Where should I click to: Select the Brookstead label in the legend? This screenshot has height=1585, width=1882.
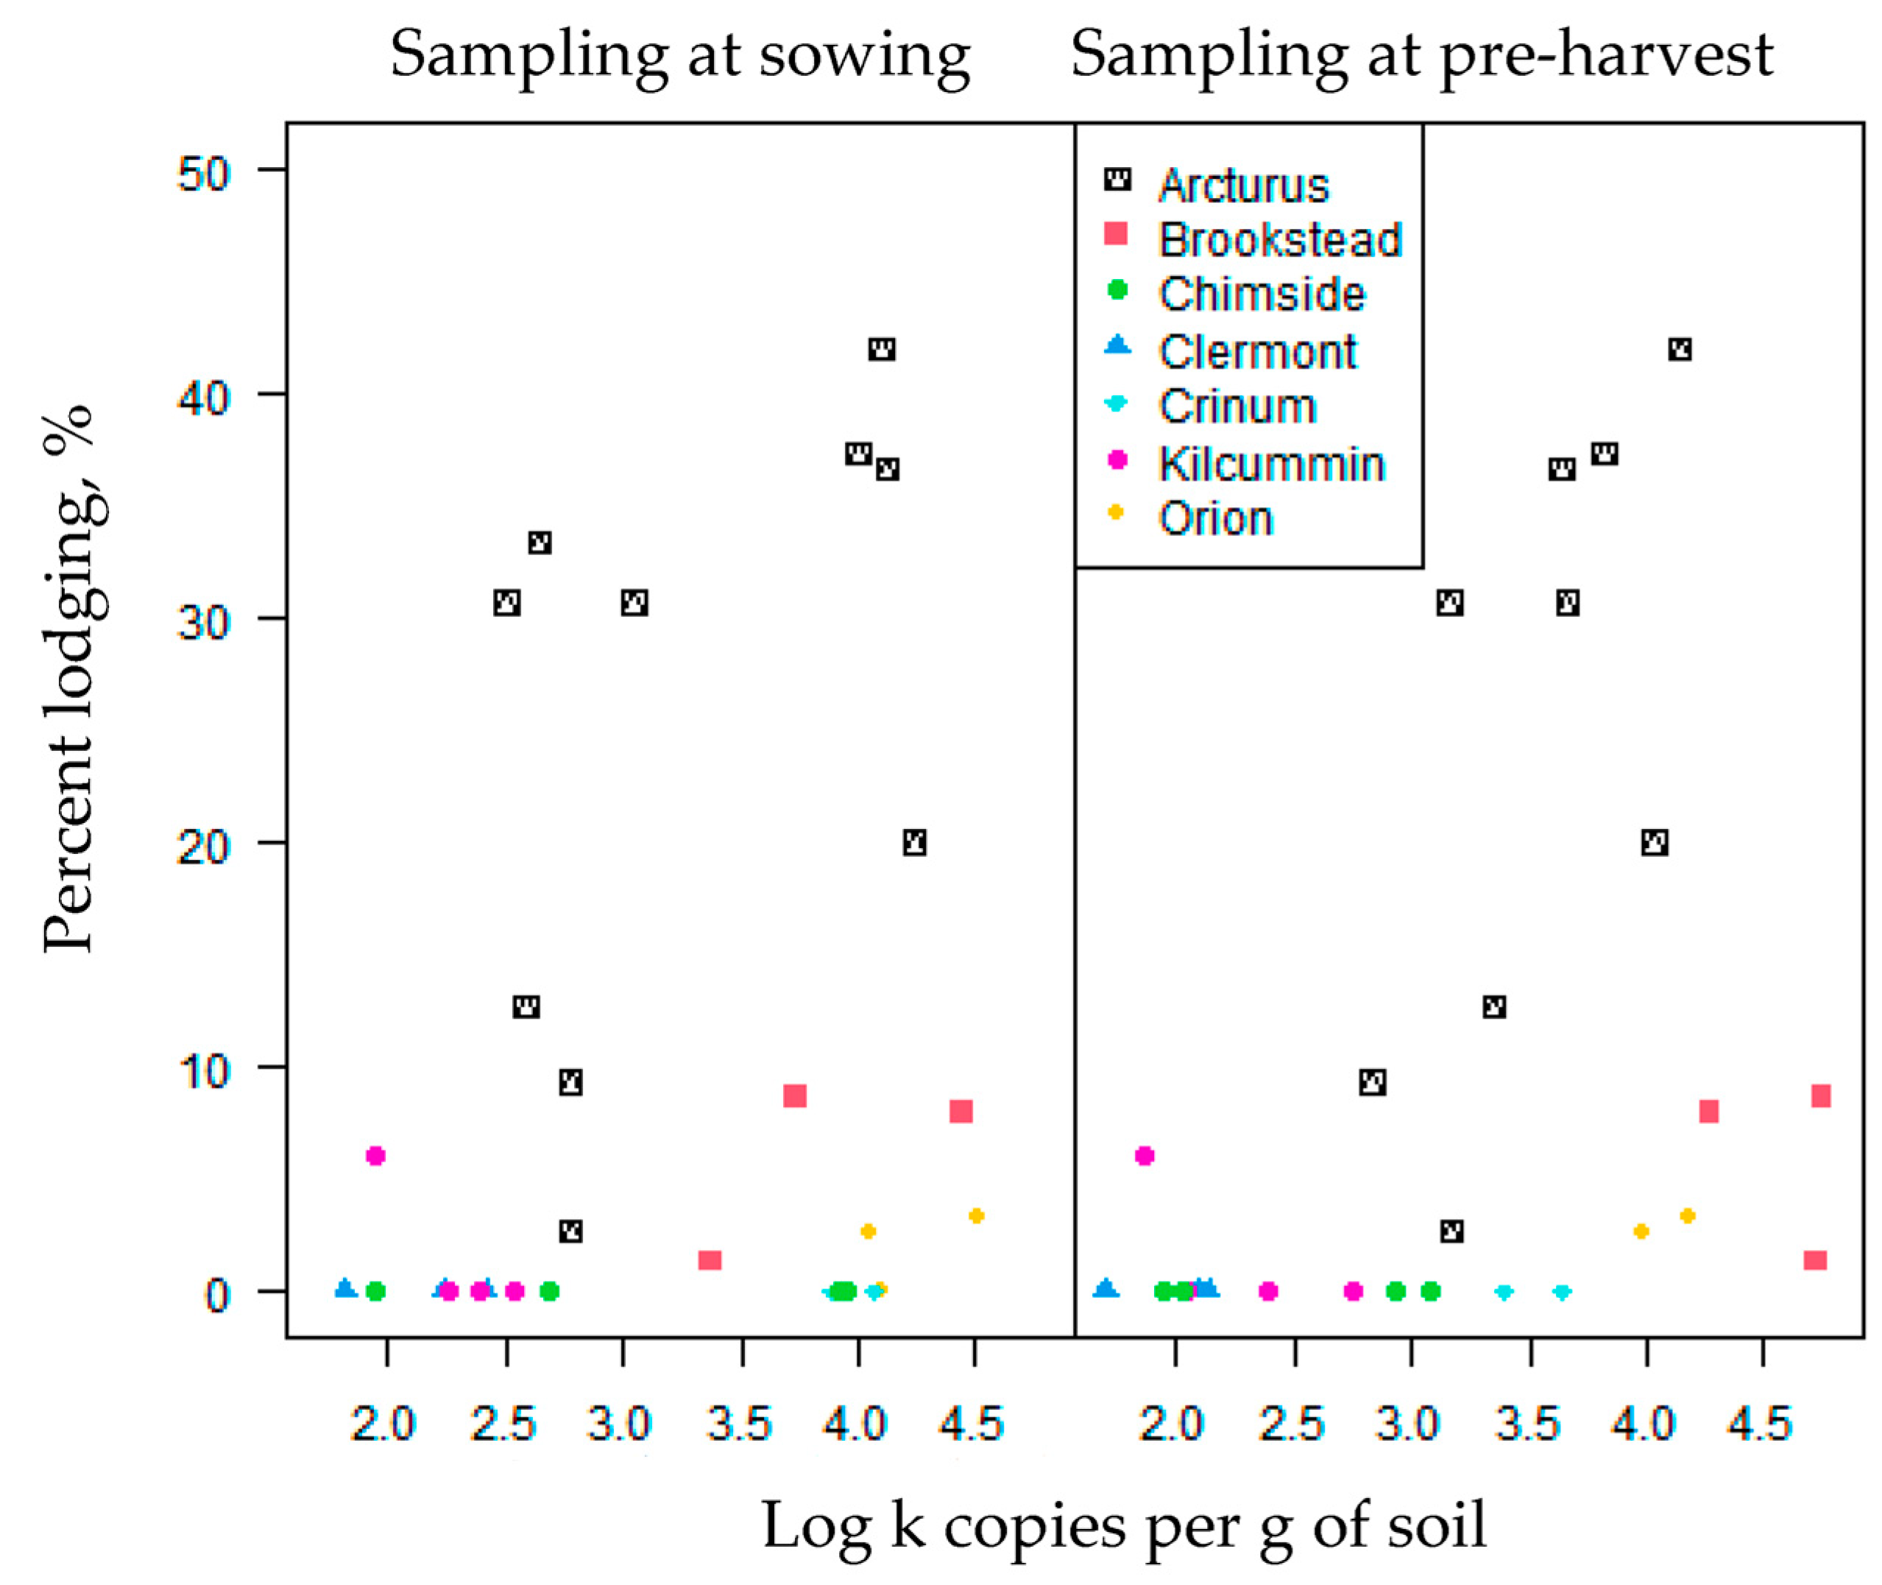(x=1279, y=240)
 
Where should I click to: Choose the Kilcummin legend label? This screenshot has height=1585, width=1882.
(x=1271, y=465)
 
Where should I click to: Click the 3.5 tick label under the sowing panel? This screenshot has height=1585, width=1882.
(x=739, y=1425)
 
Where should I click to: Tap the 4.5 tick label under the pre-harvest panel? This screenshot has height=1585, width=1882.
(x=1761, y=1425)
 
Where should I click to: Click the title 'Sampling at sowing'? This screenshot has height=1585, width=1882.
(x=680, y=56)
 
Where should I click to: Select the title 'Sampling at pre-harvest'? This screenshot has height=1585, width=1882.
(x=1422, y=56)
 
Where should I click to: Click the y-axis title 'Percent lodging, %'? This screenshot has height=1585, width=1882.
(x=68, y=678)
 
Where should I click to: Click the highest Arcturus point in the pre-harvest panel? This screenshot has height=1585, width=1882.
(x=1680, y=350)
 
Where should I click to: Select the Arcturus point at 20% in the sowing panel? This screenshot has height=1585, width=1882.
(x=914, y=843)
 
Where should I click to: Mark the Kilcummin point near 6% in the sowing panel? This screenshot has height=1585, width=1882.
(x=375, y=1156)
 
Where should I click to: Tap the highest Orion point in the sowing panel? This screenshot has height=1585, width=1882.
(x=977, y=1215)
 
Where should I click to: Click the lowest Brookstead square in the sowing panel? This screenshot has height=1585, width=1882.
(x=710, y=1260)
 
